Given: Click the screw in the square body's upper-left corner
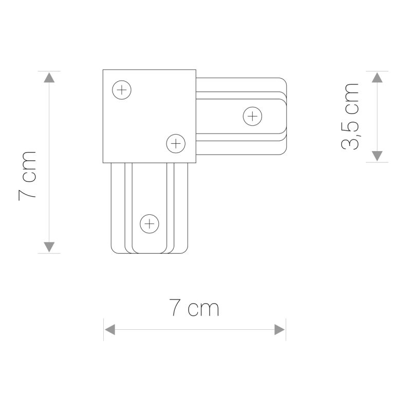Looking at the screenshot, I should (122, 91).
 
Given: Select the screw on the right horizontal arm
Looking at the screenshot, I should (252, 116).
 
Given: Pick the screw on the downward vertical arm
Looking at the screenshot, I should (149, 223).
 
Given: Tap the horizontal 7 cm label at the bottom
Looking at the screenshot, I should (194, 308).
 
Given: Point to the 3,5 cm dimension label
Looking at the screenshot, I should (351, 116).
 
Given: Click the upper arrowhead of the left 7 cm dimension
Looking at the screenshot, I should (48, 78).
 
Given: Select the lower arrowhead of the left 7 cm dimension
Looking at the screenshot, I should (48, 247).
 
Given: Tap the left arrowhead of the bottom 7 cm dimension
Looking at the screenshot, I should (110, 329).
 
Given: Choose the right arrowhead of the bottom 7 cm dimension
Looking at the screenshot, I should (279, 329).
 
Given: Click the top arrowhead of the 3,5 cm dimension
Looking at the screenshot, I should (377, 78).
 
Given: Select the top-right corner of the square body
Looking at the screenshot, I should (195, 70).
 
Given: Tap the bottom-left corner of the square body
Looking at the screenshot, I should (103, 162).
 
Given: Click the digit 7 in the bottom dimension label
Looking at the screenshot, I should (175, 308).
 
